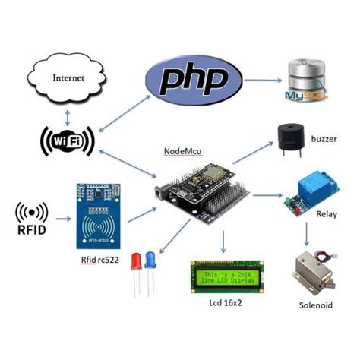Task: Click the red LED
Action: coord(137,262)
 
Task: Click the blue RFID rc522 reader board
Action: coord(98,216)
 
